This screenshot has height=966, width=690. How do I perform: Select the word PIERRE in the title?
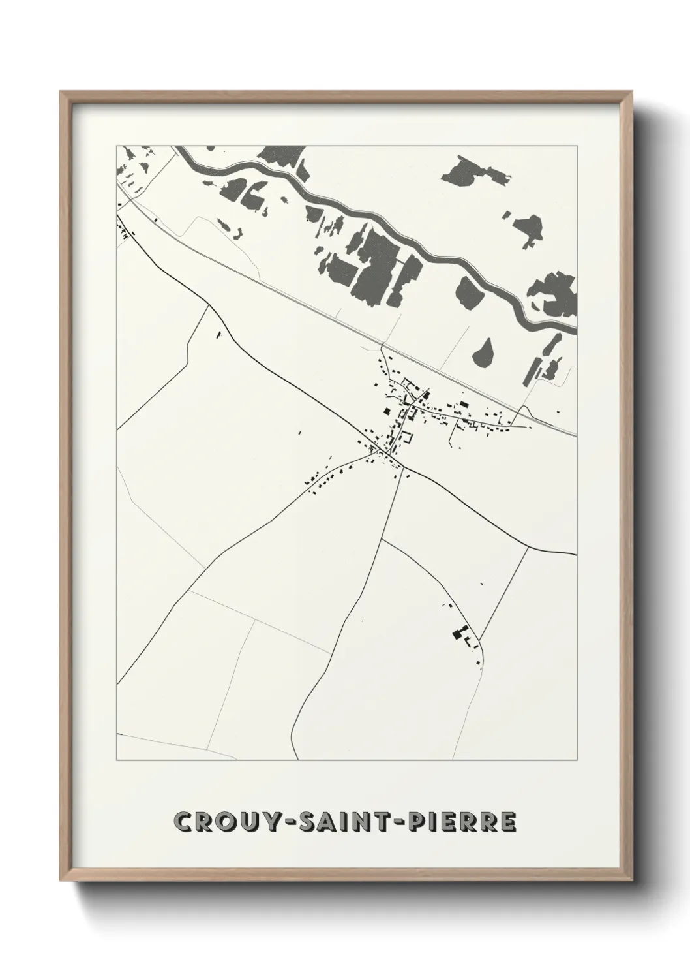tap(458, 822)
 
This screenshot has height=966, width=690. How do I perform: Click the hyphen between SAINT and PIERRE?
tap(395, 822)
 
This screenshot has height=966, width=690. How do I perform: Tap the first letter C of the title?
tap(183, 822)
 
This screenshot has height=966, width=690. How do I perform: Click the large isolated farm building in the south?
tap(458, 632)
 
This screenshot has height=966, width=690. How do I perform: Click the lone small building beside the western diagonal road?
tap(218, 335)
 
